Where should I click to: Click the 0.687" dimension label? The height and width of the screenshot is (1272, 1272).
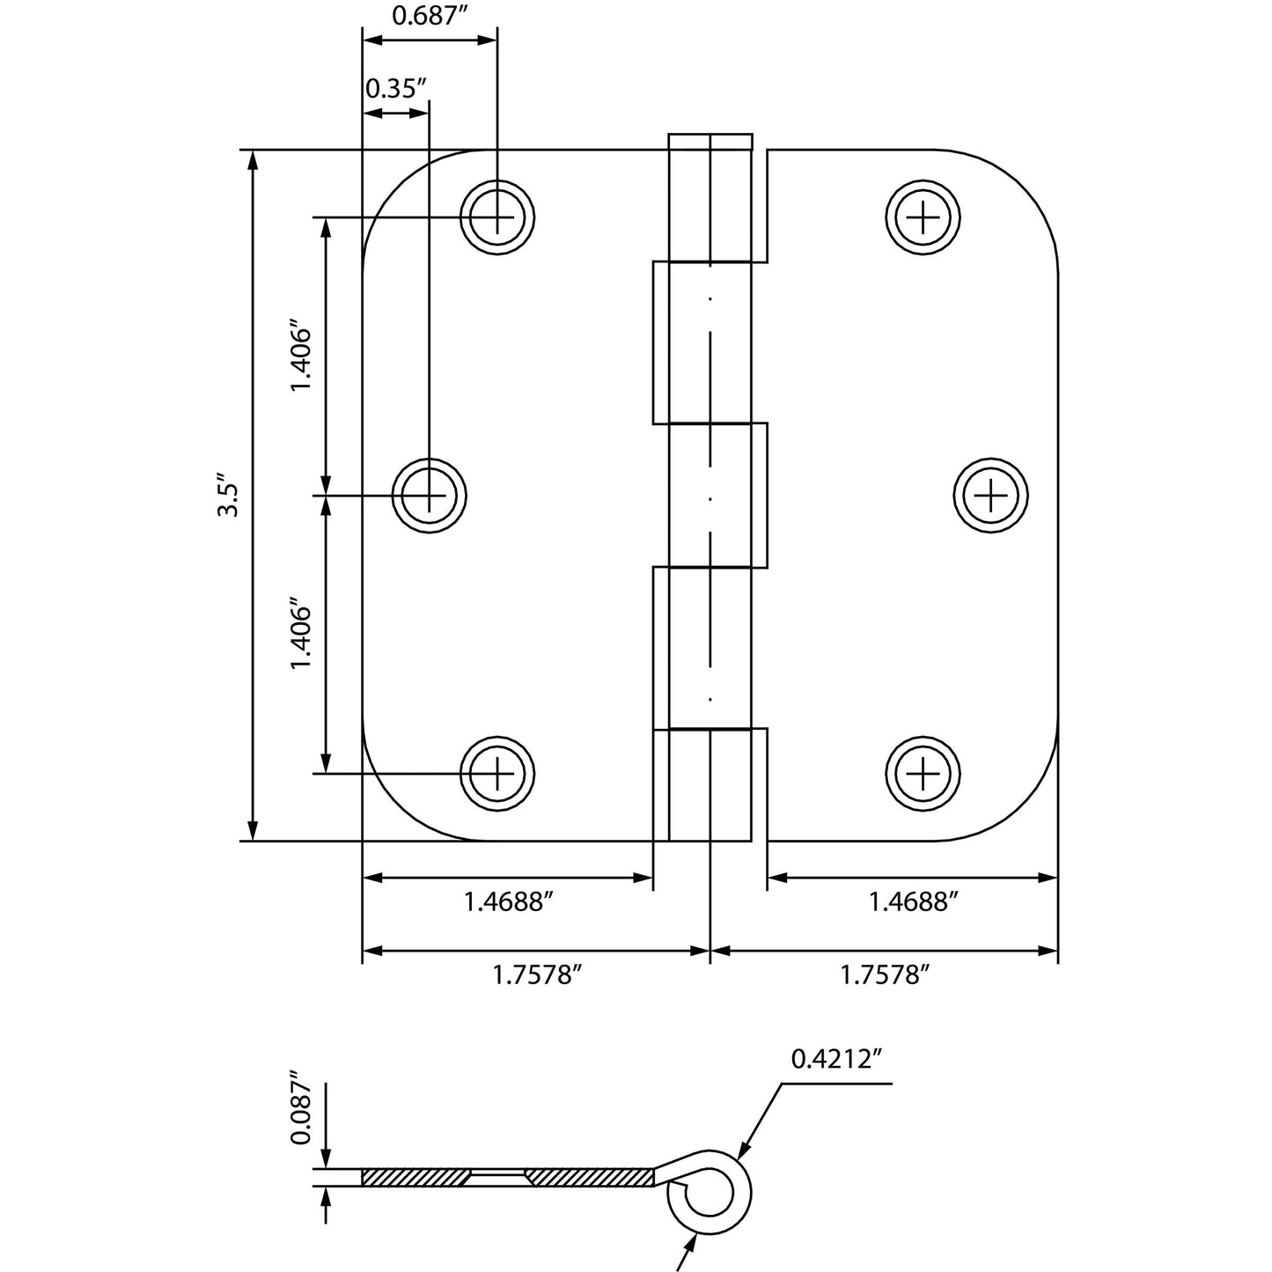428,18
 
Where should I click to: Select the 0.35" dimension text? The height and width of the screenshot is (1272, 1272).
395,88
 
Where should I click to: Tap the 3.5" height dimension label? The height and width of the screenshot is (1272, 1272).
228,497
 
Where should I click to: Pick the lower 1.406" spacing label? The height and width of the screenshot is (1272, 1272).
302,636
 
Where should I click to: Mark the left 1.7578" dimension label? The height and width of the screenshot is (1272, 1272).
536,975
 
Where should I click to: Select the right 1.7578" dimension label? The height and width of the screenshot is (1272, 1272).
885,975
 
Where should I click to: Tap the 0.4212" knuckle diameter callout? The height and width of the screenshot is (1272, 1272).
835,1059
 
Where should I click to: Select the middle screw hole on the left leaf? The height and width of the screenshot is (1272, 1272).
429,496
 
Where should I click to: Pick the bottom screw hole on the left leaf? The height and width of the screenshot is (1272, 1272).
497,774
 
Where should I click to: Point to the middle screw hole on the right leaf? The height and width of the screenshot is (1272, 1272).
991,496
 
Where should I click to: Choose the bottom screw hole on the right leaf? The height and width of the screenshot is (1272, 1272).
923,774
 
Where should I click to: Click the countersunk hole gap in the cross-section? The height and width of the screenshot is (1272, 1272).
496,1177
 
